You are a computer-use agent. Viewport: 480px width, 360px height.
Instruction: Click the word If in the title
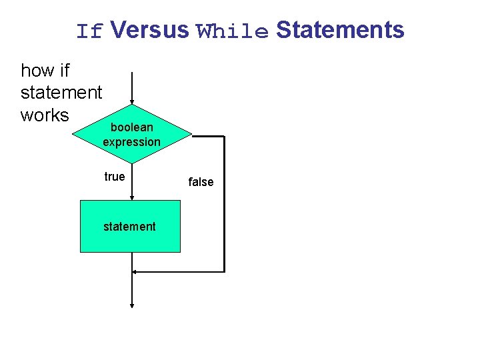pos(90,31)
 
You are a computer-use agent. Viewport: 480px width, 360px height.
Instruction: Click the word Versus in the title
pos(150,30)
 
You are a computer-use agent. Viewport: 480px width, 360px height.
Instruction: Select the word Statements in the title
pos(340,30)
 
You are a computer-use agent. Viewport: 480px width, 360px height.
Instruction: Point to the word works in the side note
pos(45,115)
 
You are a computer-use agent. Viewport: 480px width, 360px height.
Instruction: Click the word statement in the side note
pos(61,93)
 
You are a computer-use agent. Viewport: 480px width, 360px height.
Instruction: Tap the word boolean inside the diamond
pos(131,127)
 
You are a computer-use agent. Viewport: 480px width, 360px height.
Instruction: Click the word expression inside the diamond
pos(131,142)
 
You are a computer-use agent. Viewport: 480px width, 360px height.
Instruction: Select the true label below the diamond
pos(114,177)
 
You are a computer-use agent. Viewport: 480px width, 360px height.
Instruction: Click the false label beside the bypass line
pos(201,182)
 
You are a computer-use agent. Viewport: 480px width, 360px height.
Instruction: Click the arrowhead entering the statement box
pos(132,197)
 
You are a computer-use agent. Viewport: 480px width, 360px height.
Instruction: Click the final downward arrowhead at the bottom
pos(132,305)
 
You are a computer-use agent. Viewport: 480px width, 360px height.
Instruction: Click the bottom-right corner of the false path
pos(224,271)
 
